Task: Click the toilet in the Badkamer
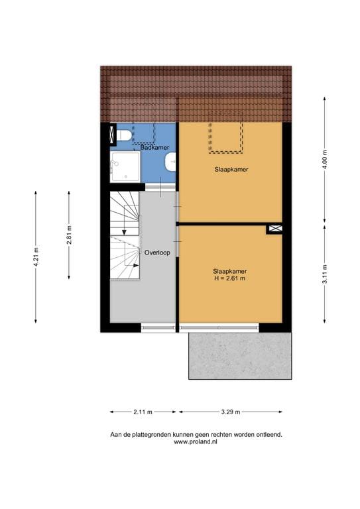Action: [123, 137]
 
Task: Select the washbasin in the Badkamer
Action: [172, 160]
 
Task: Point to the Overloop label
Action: [157, 253]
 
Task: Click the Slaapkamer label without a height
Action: [230, 170]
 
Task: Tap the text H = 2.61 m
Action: [229, 279]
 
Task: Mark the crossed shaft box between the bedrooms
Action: [274, 229]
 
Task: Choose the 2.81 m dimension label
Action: [69, 235]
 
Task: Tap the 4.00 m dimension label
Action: [324, 159]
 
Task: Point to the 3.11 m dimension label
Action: [324, 273]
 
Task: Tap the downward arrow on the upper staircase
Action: [124, 229]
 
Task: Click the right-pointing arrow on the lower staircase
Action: [135, 264]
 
